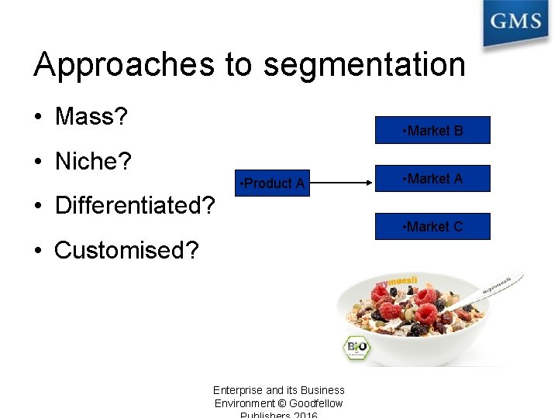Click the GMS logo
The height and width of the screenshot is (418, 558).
[x=515, y=22]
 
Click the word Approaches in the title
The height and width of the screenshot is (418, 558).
[x=123, y=65]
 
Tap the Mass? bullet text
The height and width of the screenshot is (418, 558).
[x=91, y=117]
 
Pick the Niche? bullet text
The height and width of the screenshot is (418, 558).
[x=93, y=161]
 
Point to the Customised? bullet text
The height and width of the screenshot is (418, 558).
[x=126, y=250]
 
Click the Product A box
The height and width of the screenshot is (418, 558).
[x=273, y=183]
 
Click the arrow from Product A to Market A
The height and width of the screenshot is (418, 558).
[x=342, y=183]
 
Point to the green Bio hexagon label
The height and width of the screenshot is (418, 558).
[x=356, y=347]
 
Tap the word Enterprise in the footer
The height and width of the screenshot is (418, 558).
[x=238, y=390]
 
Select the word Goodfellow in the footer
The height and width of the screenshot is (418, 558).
[x=316, y=403]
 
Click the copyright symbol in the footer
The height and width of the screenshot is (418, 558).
[x=282, y=403]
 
